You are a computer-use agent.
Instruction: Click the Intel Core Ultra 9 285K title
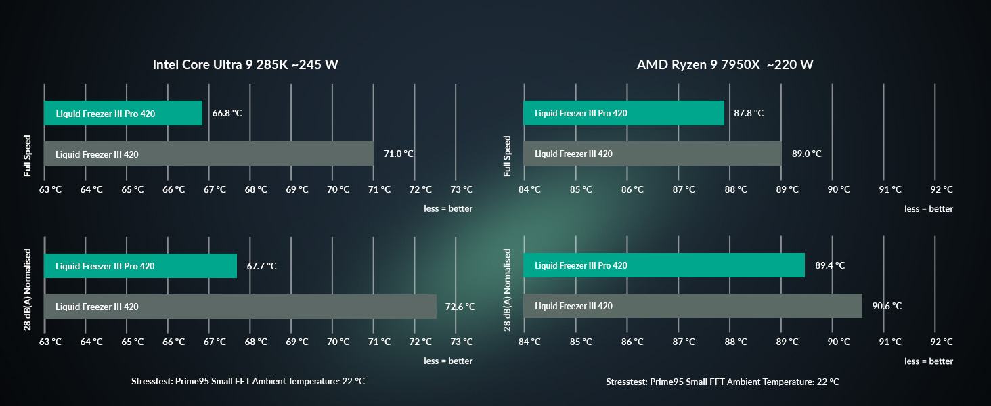click(x=246, y=64)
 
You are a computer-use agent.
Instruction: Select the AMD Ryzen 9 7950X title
click(x=725, y=64)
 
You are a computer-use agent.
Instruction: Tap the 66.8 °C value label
click(x=227, y=113)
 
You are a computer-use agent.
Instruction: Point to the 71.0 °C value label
click(x=399, y=154)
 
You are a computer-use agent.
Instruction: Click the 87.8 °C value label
click(x=749, y=113)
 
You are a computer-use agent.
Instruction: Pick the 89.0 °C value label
click(x=806, y=154)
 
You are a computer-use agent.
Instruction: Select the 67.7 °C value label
click(x=261, y=266)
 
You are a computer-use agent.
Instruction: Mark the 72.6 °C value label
click(x=460, y=307)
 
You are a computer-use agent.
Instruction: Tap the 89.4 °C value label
click(x=830, y=265)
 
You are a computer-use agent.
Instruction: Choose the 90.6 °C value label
click(x=887, y=306)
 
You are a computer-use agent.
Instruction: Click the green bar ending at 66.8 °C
click(x=123, y=113)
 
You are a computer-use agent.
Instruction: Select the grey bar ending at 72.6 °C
click(x=240, y=307)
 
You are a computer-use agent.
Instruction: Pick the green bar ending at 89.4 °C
click(x=664, y=265)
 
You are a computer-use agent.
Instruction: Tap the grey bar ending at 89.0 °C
click(x=653, y=154)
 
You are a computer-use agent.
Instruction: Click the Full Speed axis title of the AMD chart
click(x=507, y=156)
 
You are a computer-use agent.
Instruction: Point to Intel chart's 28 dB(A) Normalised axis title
click(x=28, y=290)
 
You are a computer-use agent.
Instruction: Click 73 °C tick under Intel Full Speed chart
click(x=462, y=189)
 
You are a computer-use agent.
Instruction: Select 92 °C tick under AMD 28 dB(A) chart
click(x=942, y=342)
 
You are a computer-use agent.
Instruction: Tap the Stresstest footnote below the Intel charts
click(x=248, y=381)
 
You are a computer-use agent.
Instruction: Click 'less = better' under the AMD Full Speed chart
click(x=929, y=208)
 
